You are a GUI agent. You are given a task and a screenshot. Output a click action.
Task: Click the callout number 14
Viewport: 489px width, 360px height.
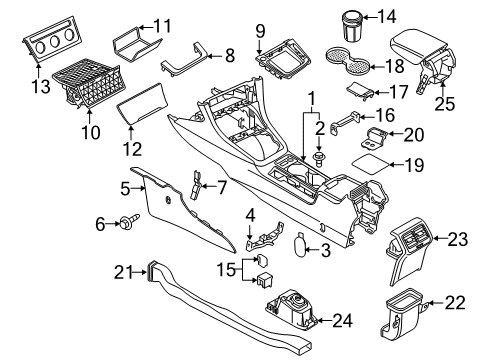click(387, 16)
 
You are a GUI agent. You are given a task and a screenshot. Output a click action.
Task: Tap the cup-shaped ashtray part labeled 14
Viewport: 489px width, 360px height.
click(353, 26)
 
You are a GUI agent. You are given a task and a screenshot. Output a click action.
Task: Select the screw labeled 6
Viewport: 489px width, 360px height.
click(130, 221)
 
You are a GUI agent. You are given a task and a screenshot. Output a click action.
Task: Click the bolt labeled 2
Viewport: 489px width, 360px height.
click(320, 159)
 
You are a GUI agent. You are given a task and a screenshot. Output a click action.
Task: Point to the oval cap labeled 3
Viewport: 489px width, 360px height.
click(301, 245)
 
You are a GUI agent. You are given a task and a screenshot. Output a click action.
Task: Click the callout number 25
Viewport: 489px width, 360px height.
click(445, 103)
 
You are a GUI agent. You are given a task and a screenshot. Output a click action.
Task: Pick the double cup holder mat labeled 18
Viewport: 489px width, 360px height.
click(347, 61)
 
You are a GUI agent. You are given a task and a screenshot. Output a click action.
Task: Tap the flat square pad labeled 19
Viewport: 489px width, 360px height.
click(370, 164)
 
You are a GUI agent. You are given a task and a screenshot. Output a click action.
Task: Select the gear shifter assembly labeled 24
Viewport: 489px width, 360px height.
click(292, 309)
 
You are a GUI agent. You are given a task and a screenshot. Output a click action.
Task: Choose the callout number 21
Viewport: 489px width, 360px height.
click(123, 272)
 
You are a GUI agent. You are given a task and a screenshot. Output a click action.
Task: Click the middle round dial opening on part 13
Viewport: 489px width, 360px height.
click(54, 41)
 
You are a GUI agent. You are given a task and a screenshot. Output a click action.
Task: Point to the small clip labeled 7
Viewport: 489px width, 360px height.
click(196, 184)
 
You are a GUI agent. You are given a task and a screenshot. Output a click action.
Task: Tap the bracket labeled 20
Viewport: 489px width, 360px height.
click(374, 137)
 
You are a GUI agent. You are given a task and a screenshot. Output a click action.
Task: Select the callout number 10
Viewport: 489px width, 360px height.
click(90, 132)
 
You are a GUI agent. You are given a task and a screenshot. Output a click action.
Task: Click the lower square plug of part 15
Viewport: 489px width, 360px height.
click(265, 278)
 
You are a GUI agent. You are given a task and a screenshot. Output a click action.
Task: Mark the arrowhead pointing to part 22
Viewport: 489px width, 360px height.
click(431, 303)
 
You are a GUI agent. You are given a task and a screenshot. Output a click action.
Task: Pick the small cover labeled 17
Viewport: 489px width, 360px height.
click(359, 90)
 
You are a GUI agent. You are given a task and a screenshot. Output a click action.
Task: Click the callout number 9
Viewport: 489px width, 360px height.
click(260, 31)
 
